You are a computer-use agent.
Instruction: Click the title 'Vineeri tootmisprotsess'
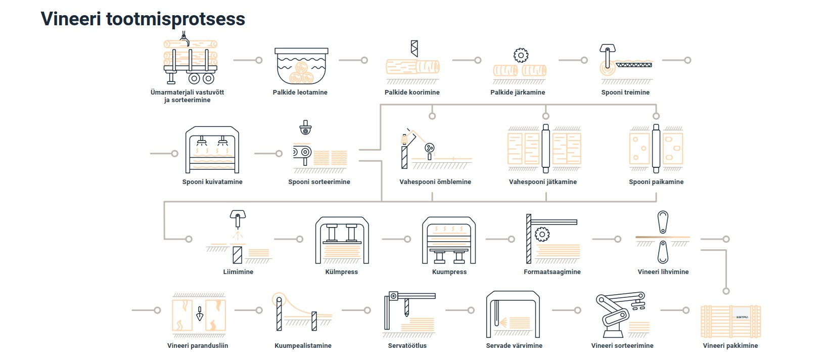coord(143,19)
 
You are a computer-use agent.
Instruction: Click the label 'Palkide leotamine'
coord(300,93)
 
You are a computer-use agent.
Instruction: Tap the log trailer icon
coord(190,62)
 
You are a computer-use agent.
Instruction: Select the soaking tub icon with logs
coord(301,66)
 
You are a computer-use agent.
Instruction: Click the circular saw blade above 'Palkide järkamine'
coord(521,55)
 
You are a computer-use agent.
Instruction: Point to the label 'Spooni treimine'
coord(625,93)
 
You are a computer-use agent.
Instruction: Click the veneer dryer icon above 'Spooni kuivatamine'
coord(212,150)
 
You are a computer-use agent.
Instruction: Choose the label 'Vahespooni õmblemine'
coord(435,182)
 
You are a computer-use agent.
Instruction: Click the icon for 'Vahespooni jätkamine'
coord(544,149)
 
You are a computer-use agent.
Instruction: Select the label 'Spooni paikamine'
coord(656,182)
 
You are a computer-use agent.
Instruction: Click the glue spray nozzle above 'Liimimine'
coord(237,218)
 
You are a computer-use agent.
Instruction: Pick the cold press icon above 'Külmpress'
coord(342,240)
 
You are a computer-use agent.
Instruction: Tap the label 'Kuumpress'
coord(449,272)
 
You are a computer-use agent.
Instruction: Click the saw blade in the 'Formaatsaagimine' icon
coord(542,234)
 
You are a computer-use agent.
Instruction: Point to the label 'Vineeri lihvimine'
coord(663,272)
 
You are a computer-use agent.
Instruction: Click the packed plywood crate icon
coord(730,321)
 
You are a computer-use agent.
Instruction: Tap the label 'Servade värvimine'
coord(514,346)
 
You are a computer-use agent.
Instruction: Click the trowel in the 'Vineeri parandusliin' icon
coord(200,313)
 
